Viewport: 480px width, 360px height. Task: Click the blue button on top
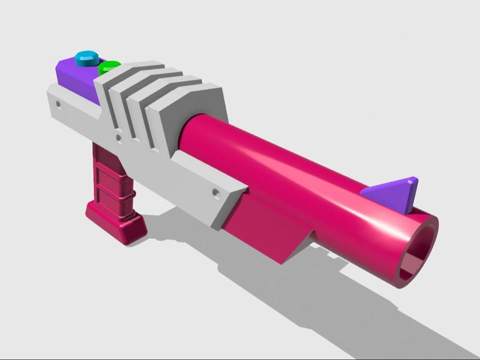pyautogui.click(x=87, y=59)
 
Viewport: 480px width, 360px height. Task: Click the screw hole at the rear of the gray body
pyautogui.click(x=58, y=104)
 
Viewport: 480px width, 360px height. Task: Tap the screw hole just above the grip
pyautogui.click(x=119, y=138)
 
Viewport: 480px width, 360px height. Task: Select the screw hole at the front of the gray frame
pyautogui.click(x=215, y=193)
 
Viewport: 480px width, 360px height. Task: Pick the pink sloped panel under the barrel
pyautogui.click(x=264, y=228)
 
